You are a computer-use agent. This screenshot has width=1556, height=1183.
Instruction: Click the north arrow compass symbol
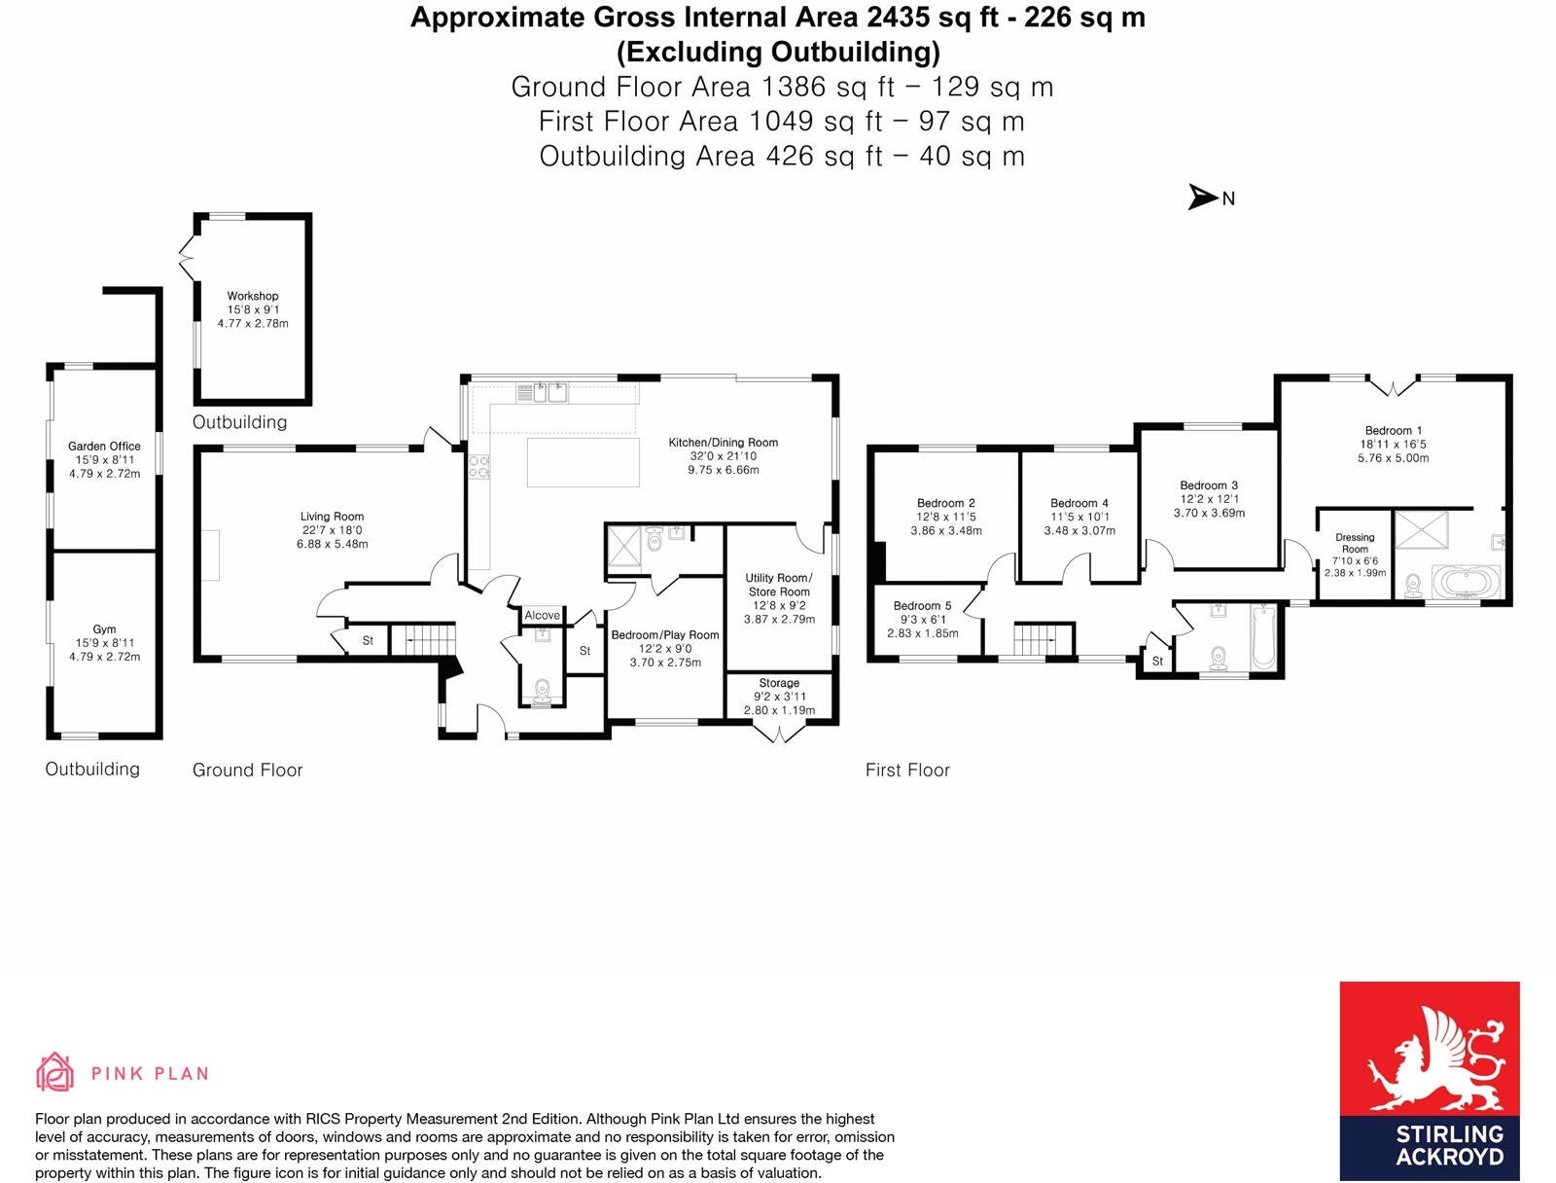(1204, 197)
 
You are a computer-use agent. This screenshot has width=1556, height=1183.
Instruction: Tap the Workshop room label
(253, 296)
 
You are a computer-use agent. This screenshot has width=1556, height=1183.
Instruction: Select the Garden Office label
(104, 447)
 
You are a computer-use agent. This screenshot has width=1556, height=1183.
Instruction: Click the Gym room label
(104, 629)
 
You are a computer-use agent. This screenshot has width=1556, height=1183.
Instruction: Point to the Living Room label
(332, 517)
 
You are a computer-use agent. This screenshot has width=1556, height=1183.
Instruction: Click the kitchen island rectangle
(583, 462)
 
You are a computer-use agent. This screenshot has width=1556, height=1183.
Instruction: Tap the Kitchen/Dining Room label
(723, 443)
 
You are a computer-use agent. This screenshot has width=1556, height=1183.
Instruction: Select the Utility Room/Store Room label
(779, 585)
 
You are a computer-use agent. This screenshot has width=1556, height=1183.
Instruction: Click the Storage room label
(779, 683)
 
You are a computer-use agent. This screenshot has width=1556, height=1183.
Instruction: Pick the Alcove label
(542, 615)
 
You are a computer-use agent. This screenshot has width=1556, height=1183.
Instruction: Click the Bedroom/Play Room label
(665, 635)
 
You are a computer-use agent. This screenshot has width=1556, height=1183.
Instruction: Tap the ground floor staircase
(423, 639)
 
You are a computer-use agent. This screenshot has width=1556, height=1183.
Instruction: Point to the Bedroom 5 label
(922, 606)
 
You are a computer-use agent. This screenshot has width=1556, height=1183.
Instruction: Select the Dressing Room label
(1355, 543)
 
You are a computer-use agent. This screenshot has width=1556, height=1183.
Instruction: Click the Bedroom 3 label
(1209, 485)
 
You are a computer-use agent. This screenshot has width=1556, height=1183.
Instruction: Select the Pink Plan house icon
(54, 1072)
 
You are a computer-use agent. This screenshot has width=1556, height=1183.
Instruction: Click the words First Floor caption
(907, 771)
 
